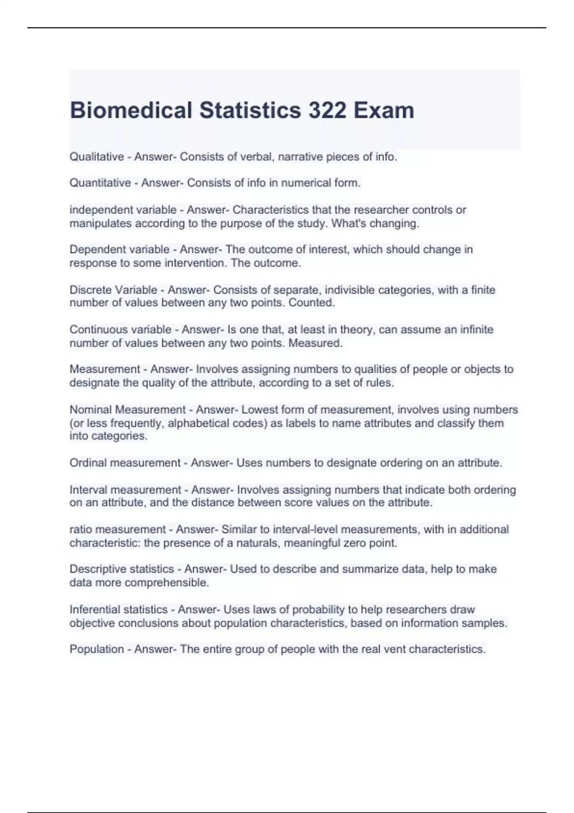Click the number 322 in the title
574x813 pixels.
tap(328, 110)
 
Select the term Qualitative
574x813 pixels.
tap(97, 157)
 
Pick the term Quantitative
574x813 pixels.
tap(100, 183)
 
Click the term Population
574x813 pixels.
tap(97, 649)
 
